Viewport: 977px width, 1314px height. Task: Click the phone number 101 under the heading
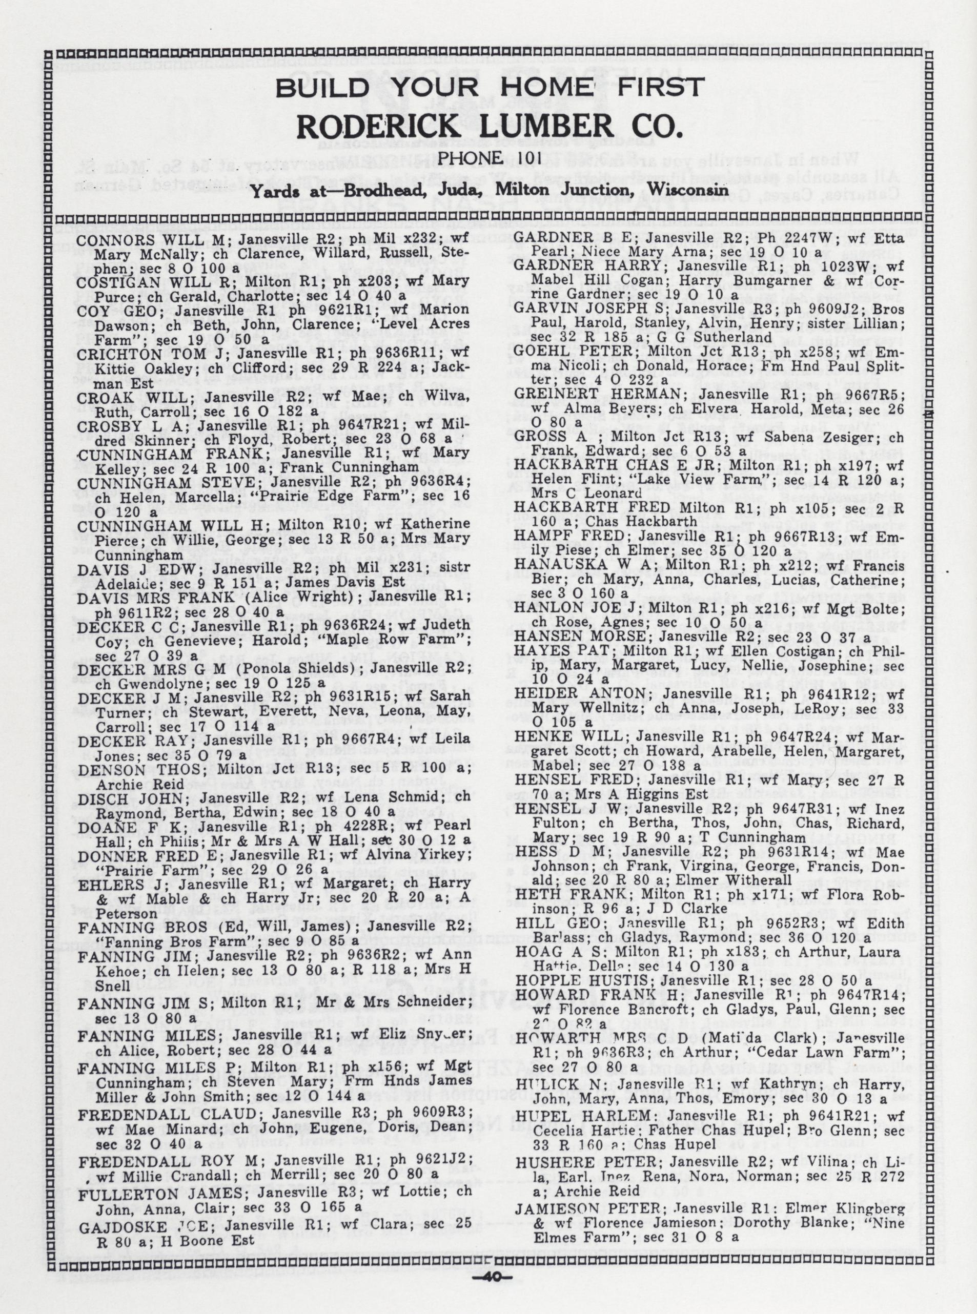coord(519,158)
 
